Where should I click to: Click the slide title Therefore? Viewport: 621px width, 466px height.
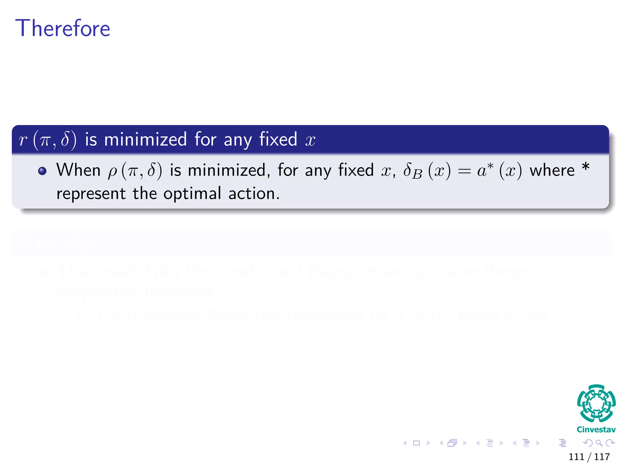click(x=63, y=28)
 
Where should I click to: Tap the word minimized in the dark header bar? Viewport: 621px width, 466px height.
click(x=145, y=140)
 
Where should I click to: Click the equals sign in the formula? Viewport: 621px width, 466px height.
click(x=465, y=171)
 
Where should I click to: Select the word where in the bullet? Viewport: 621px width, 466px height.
click(x=552, y=170)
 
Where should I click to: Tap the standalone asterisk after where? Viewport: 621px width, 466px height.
click(x=586, y=167)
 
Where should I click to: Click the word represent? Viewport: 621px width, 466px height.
click(x=91, y=194)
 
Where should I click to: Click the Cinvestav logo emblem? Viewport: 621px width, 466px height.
click(x=596, y=403)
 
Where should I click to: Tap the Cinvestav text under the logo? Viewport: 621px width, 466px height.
click(x=596, y=429)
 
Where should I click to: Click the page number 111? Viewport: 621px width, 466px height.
click(x=576, y=457)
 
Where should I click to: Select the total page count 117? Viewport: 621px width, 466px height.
click(x=602, y=457)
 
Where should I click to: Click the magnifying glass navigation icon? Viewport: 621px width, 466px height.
click(x=599, y=443)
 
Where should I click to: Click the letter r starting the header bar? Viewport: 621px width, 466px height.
click(x=23, y=140)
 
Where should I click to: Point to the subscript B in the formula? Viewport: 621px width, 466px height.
click(x=417, y=174)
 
